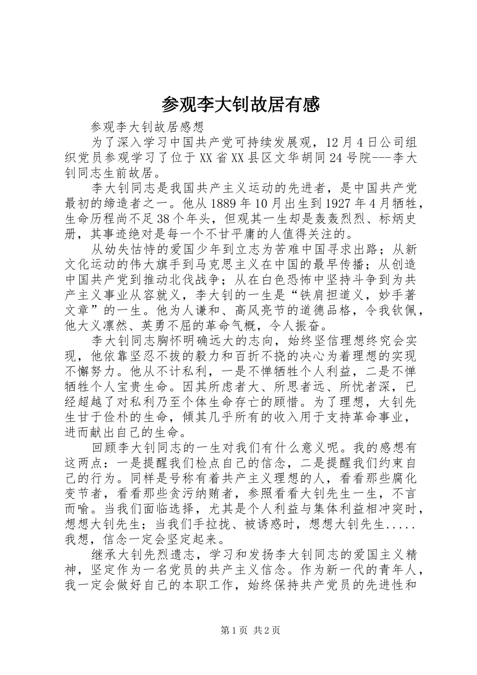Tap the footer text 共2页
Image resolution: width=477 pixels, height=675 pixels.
[267, 629]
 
